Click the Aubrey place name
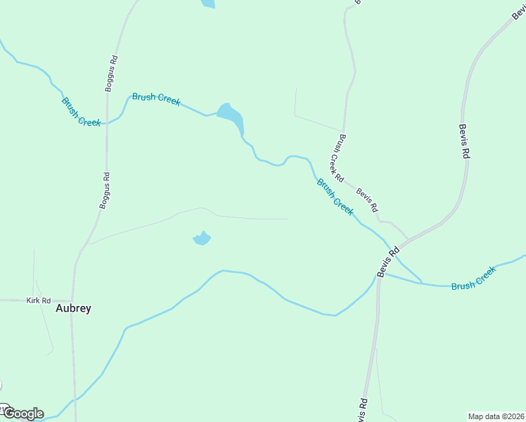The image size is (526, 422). point(73,308)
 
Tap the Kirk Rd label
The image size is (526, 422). point(39,300)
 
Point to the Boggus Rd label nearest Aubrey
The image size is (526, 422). point(105,191)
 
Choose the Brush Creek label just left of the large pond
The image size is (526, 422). point(156,99)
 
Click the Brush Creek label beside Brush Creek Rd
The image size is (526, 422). point(335,197)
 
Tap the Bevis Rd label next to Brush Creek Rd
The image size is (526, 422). point(366,200)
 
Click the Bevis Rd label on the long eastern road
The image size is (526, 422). point(463,141)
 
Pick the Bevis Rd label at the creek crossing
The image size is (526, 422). point(387,261)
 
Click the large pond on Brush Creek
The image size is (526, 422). point(231,117)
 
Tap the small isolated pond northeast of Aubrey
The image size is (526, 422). point(202,238)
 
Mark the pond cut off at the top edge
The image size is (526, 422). point(207,4)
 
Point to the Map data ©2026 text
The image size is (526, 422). point(496,416)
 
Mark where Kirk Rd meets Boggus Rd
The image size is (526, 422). point(72,300)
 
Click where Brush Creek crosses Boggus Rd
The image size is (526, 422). point(106,123)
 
